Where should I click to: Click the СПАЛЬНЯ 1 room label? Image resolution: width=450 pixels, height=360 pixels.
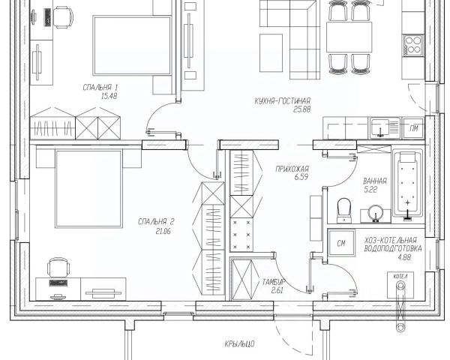click(x=100, y=87)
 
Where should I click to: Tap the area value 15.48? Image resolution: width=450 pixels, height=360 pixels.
click(x=109, y=96)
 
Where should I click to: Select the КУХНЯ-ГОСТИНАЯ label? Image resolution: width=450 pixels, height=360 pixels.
click(x=283, y=101)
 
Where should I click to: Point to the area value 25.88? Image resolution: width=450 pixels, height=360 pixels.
click(x=302, y=109)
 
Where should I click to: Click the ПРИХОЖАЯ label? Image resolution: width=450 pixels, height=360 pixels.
click(x=292, y=169)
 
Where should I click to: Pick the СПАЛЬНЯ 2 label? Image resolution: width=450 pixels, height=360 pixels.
click(x=156, y=222)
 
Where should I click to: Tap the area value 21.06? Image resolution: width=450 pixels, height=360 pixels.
click(x=163, y=231)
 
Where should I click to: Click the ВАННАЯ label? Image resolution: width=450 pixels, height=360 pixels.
click(x=375, y=181)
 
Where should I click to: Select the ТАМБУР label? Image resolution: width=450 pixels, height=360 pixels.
click(x=274, y=282)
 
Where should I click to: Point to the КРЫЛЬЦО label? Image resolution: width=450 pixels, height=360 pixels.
click(x=239, y=343)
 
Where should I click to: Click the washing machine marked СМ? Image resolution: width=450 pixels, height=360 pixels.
click(x=341, y=243)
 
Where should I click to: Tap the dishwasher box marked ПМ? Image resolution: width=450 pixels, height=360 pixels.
click(x=413, y=128)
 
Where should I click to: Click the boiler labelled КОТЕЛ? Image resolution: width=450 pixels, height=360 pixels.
click(x=400, y=285)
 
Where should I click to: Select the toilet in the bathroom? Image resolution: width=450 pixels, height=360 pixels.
click(x=344, y=210)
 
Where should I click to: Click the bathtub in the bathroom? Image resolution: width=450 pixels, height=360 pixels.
click(x=407, y=184)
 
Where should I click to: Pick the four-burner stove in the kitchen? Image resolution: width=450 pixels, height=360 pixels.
click(x=413, y=45)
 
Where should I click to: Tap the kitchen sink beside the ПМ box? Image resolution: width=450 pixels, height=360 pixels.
click(x=385, y=127)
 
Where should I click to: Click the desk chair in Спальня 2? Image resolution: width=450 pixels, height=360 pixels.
click(x=58, y=268)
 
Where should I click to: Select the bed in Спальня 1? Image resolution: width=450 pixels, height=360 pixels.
click(x=132, y=46)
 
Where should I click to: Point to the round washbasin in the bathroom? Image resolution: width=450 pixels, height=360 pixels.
click(x=376, y=214)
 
